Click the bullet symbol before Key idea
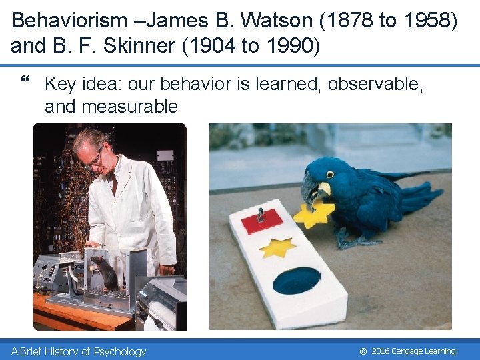click(x=26, y=82)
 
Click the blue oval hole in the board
click(x=297, y=281)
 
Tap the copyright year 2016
click(x=381, y=351)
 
